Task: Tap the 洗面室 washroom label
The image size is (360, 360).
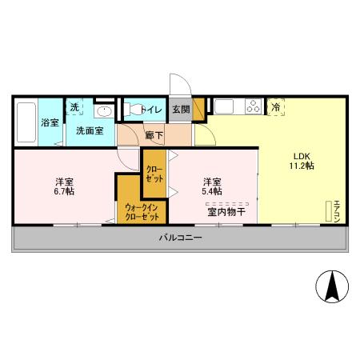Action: pos(89,130)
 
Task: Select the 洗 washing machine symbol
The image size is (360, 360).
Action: pos(74,107)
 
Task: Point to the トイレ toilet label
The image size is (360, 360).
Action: pos(151,110)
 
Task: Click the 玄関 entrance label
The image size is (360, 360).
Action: pos(180,110)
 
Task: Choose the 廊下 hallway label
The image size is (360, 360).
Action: pos(154,136)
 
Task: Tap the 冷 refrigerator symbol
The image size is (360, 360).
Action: pos(276,106)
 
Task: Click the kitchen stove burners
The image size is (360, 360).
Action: pos(254,106)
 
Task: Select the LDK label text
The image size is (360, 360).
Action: pos(301,155)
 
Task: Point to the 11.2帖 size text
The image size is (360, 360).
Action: pos(301,166)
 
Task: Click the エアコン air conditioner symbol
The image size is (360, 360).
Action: pos(330,210)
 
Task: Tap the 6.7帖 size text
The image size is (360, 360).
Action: pos(64,192)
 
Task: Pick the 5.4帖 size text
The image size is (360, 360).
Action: pos(211,192)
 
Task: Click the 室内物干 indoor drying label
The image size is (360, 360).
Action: pos(226,212)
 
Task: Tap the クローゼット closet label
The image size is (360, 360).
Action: pos(154,174)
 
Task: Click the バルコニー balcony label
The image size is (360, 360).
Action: pos(179,238)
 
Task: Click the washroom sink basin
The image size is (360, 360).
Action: pos(102,111)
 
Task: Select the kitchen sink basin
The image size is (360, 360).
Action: pos(223,106)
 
